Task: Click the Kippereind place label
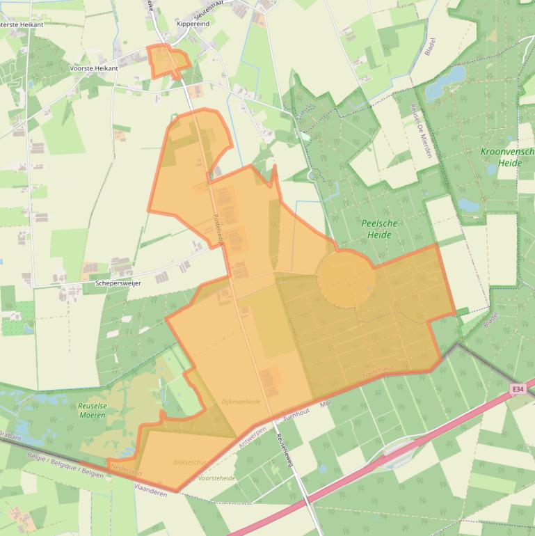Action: [x=193, y=24]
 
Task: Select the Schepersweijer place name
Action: [x=118, y=283]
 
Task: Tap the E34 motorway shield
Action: [x=518, y=389]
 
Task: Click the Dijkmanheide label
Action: [x=241, y=402]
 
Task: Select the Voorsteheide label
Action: [x=217, y=478]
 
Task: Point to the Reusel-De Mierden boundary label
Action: [x=421, y=131]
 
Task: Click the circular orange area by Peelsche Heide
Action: [x=346, y=279]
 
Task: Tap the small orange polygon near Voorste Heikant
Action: [x=167, y=61]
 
